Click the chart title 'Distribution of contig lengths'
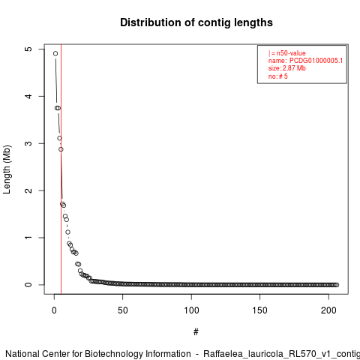[196, 22]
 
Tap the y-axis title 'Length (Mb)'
[7, 169]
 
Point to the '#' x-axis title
[196, 332]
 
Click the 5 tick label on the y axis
[28, 49]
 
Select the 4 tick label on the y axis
[28, 96]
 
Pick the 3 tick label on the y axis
[28, 143]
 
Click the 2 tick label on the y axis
[28, 190]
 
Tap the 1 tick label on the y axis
[28, 238]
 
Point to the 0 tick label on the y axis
[28, 285]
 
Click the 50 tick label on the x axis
[123, 310]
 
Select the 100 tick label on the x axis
[191, 310]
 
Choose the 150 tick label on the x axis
[260, 310]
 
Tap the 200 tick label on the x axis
[328, 310]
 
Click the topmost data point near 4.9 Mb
[55, 53]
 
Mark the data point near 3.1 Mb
[59, 138]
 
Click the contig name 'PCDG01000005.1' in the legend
[316, 61]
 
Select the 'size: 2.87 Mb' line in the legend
[287, 68]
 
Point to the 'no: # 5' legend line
[278, 76]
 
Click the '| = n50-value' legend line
[287, 53]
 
